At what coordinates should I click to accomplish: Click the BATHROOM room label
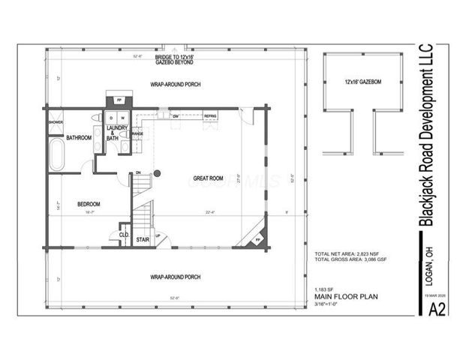(x=78, y=138)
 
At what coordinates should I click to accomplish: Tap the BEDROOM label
(x=89, y=204)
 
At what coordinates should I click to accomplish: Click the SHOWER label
(x=56, y=121)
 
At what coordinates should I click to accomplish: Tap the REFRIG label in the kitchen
(x=210, y=117)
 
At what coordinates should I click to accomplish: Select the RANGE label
(x=137, y=133)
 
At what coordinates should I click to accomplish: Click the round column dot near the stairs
(x=158, y=175)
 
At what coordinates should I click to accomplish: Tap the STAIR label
(x=143, y=241)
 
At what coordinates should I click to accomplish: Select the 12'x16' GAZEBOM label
(x=363, y=81)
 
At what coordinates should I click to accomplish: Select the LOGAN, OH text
(x=430, y=267)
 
